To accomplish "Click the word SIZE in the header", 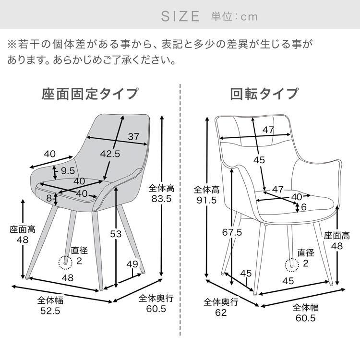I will (x=180, y=16).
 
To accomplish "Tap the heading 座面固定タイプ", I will (x=90, y=93).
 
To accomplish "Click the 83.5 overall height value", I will (x=160, y=199).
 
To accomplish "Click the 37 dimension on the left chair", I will (x=133, y=136).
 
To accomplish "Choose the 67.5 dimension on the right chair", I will (x=231, y=232).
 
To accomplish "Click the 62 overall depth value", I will (x=221, y=313).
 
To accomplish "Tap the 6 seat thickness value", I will (x=304, y=207).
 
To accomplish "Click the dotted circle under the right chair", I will (x=290, y=264).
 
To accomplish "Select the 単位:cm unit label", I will (x=234, y=16).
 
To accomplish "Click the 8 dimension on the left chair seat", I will (x=49, y=197).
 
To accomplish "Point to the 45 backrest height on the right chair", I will (x=259, y=160).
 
